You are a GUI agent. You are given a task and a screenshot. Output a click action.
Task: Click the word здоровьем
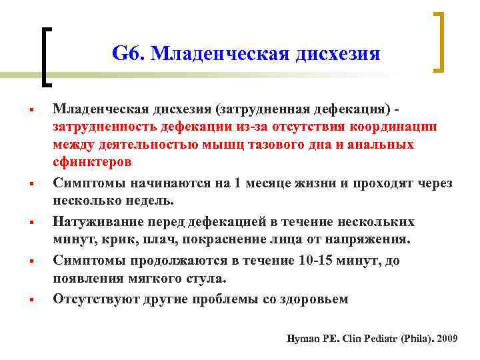tap(313, 298)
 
